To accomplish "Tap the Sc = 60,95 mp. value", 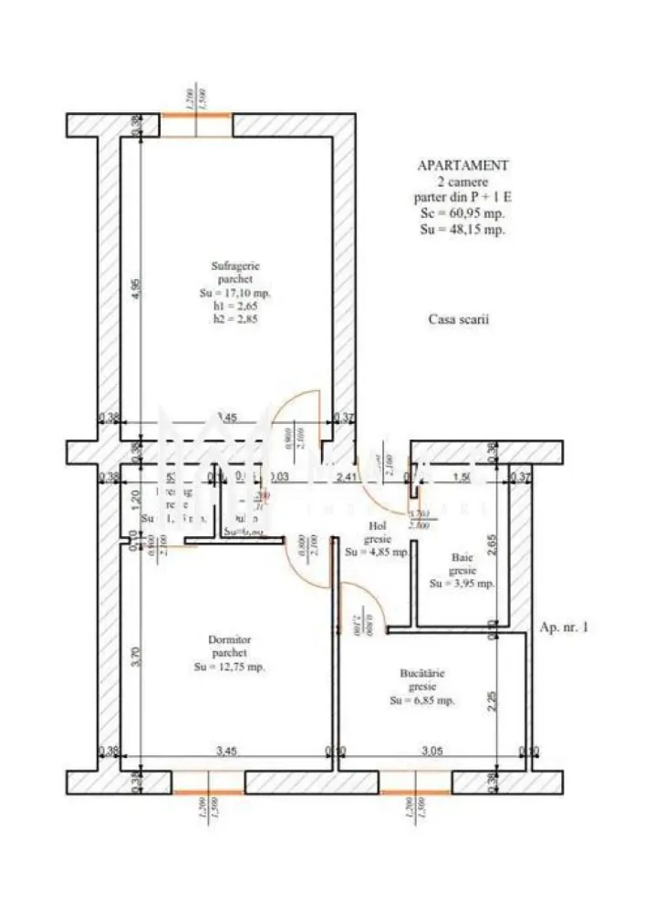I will tap(463, 213).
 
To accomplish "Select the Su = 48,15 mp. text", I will tap(463, 230).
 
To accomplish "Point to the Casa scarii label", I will tap(459, 320).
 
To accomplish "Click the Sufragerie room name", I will tap(235, 266).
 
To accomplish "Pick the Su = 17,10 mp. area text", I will tap(235, 294).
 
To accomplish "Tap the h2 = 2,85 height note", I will tap(235, 319).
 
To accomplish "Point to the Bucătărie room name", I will tap(422, 673).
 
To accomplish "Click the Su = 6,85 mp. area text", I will tap(422, 700).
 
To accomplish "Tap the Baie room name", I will tap(462, 557).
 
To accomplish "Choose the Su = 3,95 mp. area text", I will tap(462, 584).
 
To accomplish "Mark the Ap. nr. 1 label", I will tap(565, 628).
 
